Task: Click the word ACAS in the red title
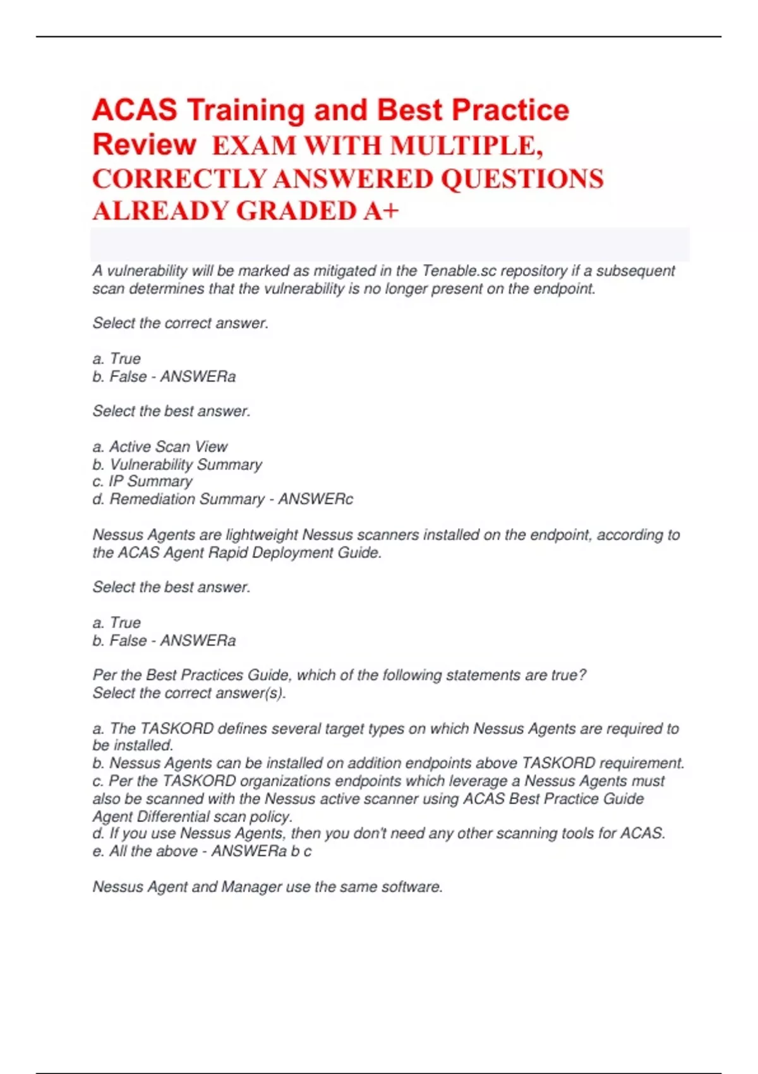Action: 135,110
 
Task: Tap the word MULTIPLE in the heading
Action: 465,147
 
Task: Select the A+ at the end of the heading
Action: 381,211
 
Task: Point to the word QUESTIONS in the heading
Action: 522,179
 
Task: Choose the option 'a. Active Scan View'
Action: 160,447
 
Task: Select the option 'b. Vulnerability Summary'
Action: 177,464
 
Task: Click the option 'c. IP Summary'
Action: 142,481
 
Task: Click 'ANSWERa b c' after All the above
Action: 261,851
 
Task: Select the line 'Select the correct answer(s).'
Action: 189,693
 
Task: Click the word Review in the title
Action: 144,145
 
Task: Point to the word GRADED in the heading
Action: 298,211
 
